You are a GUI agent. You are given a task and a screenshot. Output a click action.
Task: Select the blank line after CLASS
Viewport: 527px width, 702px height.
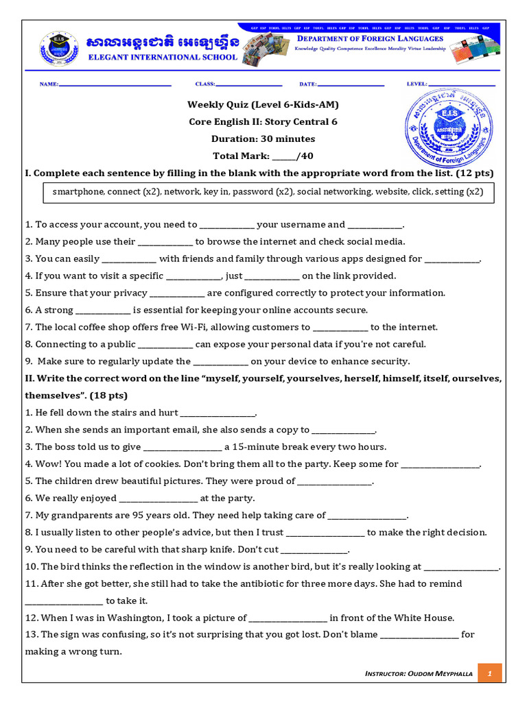click(249, 85)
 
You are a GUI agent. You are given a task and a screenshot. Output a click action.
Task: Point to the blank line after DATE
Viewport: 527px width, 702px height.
click(351, 85)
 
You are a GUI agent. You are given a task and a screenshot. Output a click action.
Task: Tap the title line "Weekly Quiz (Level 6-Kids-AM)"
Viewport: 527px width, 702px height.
click(263, 105)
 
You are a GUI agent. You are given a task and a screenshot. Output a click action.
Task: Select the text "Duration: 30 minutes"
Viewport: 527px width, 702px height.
click(263, 138)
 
